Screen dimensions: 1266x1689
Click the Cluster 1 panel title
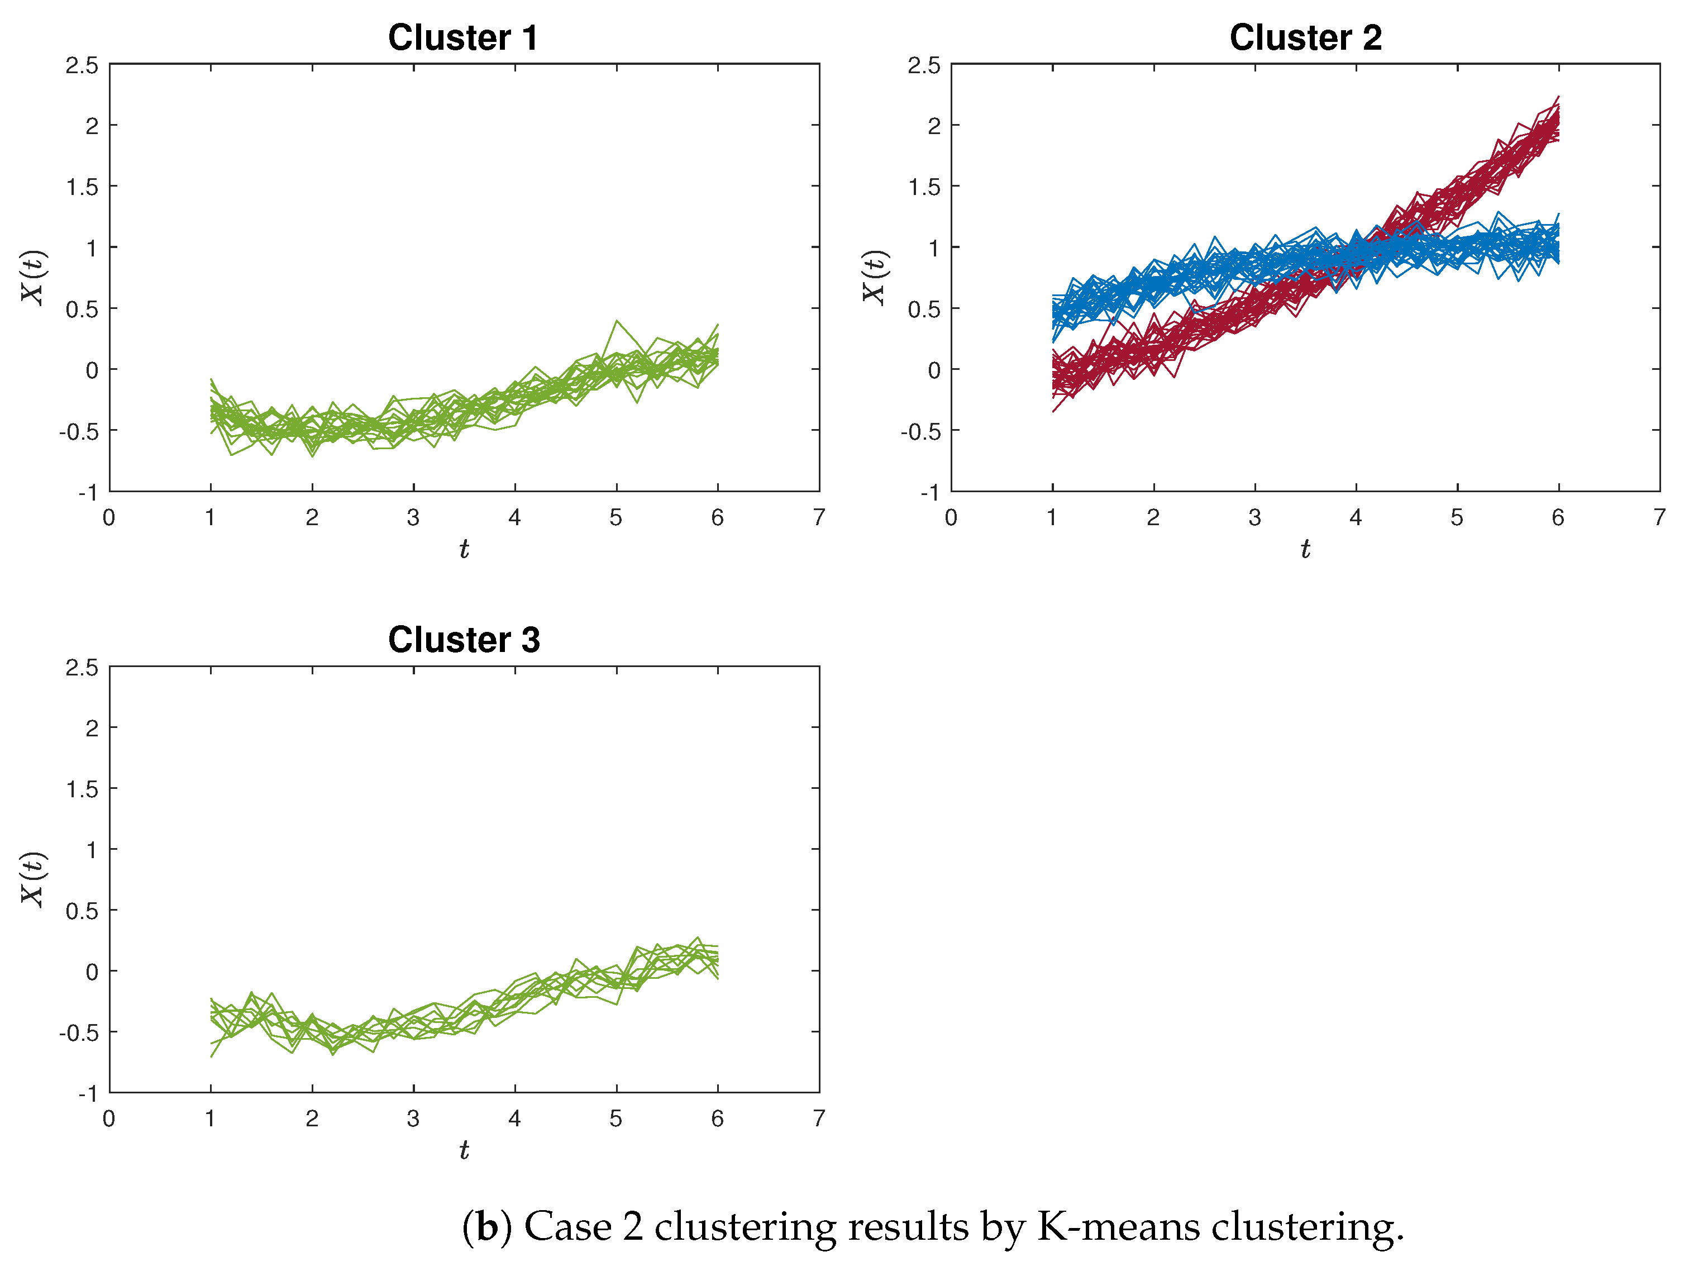(x=462, y=37)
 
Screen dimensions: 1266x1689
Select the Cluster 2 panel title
(x=1305, y=37)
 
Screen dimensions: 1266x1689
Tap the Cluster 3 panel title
(x=464, y=639)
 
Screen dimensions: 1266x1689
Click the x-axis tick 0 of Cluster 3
(x=109, y=1119)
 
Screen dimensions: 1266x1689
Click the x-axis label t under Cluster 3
(x=464, y=1150)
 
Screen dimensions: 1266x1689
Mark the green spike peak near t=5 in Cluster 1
(x=616, y=321)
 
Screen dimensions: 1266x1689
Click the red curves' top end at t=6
(x=1558, y=98)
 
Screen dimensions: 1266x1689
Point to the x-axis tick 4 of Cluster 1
(x=514, y=518)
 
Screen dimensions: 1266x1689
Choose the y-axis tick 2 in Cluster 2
(x=934, y=126)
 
